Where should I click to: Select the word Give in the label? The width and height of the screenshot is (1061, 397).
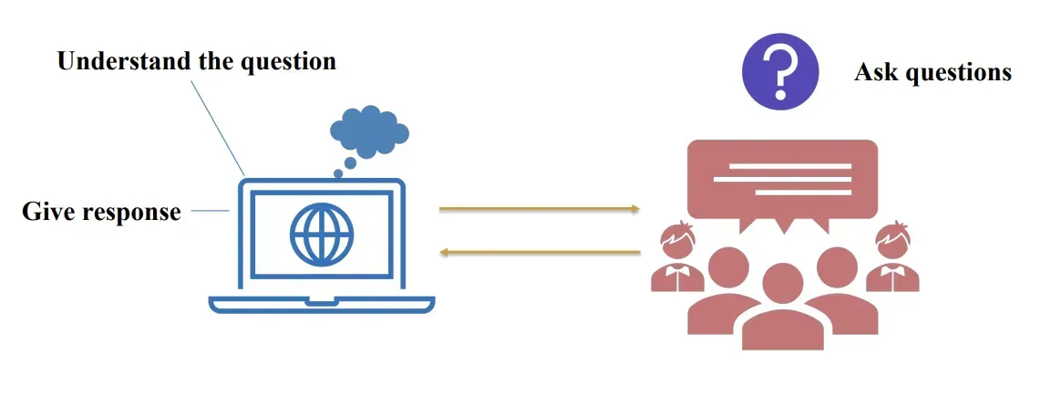[x=48, y=213]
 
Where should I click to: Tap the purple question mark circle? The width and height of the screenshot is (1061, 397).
[x=780, y=70]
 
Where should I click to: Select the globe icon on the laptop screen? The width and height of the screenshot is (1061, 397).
[x=321, y=234]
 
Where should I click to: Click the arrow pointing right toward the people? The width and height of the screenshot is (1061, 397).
[x=539, y=209]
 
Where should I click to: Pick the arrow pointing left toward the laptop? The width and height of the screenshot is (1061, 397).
[x=539, y=252]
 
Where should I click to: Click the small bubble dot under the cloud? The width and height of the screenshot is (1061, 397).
[x=338, y=172]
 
